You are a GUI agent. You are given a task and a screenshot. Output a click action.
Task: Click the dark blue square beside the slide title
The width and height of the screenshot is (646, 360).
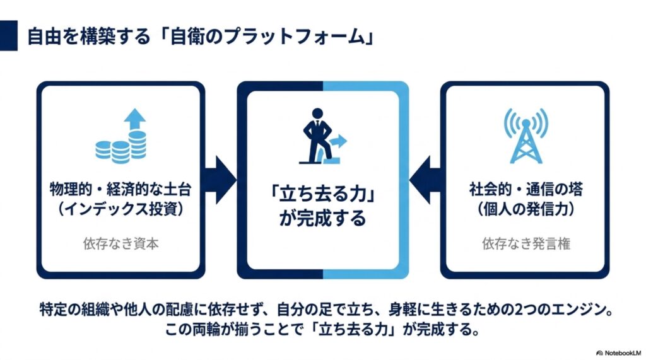[x=9, y=35]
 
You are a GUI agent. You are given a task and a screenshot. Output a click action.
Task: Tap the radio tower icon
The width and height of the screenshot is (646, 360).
[x=526, y=136]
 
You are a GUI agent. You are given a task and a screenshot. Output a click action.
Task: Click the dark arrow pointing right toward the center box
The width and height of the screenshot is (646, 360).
[x=220, y=180]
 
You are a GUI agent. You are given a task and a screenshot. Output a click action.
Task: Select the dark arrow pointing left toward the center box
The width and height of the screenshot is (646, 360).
[x=425, y=180]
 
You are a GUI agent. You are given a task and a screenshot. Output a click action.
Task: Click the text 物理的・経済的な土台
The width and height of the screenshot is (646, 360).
[x=120, y=189]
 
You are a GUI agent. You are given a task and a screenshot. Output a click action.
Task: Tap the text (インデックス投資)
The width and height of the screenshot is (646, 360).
[x=120, y=209]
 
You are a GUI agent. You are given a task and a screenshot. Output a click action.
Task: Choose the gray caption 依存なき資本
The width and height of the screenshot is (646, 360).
[x=120, y=243]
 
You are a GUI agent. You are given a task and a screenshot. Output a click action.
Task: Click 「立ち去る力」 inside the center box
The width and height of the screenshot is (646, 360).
[x=322, y=194]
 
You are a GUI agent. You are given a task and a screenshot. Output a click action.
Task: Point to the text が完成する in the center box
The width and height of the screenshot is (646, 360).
[x=322, y=218]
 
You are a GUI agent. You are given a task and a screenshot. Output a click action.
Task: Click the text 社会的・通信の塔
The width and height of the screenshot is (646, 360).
[x=526, y=189]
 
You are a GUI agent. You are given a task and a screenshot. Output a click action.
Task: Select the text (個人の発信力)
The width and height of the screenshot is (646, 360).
[x=526, y=209]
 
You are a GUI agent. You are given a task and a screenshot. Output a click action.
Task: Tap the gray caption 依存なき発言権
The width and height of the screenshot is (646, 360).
[x=526, y=243]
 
